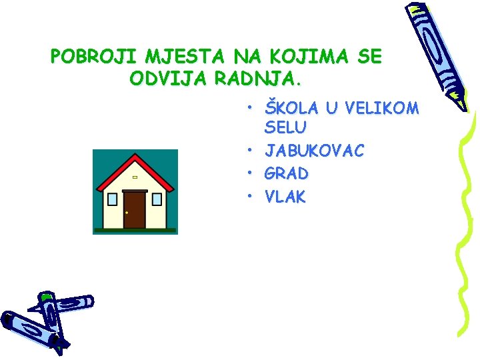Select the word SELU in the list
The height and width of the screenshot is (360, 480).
pyautogui.click(x=286, y=127)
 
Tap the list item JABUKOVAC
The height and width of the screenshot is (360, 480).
pyautogui.click(x=315, y=151)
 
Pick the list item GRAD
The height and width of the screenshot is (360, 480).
pyautogui.click(x=287, y=174)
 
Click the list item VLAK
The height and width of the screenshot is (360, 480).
pyautogui.click(x=285, y=197)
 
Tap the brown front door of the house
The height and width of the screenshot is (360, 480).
pyautogui.click(x=135, y=209)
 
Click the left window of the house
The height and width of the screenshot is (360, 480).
pyautogui.click(x=112, y=199)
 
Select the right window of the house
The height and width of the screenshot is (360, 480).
pyautogui.click(x=157, y=199)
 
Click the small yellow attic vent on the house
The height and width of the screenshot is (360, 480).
pyautogui.click(x=135, y=177)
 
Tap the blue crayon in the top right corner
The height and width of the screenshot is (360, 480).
pyautogui.click(x=436, y=53)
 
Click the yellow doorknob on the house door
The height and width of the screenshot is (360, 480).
pyautogui.click(x=127, y=213)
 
